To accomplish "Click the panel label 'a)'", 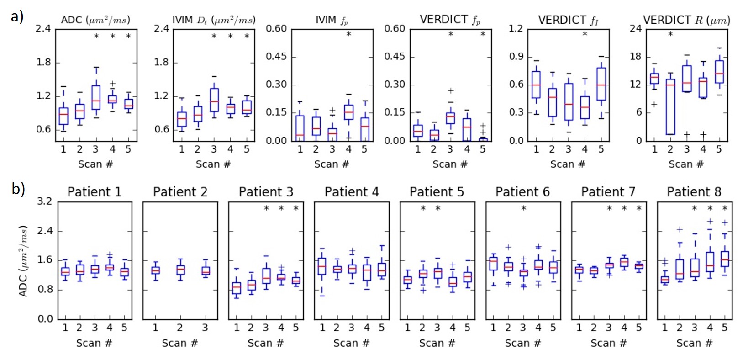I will tap(17, 17).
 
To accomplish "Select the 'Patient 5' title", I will tap(437, 192).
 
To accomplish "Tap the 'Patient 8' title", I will tap(694, 192).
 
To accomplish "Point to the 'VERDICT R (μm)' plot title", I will tap(686, 20).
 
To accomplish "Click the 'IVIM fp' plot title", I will tap(332, 20).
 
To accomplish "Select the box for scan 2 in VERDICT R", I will tap(670, 107).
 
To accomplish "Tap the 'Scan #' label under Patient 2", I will tap(180, 343).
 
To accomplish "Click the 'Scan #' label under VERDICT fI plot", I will tap(568, 164).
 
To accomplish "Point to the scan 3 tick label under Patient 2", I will tap(204, 328).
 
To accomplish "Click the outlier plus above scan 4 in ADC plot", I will tap(112, 84).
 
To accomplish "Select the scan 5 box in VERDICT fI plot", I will tap(601, 84).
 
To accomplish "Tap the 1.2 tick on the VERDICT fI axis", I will tap(516, 29).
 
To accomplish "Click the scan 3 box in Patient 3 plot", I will tap(266, 276).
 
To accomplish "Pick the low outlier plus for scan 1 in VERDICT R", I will tap(654, 105).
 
